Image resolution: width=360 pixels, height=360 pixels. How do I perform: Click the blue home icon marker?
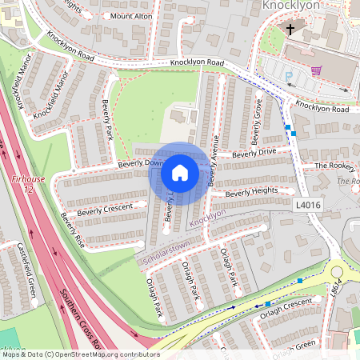(x=180, y=173)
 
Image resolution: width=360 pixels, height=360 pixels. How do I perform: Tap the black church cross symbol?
(x=290, y=29)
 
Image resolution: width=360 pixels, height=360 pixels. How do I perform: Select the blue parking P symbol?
(x=289, y=77)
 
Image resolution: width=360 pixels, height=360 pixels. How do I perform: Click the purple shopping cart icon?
(x=316, y=70)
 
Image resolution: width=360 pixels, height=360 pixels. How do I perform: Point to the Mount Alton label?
(x=130, y=16)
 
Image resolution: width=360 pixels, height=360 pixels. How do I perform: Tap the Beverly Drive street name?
(x=254, y=152)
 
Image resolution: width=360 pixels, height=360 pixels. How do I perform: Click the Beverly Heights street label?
(x=251, y=192)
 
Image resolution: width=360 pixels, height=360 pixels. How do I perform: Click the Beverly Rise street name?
(x=72, y=230)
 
